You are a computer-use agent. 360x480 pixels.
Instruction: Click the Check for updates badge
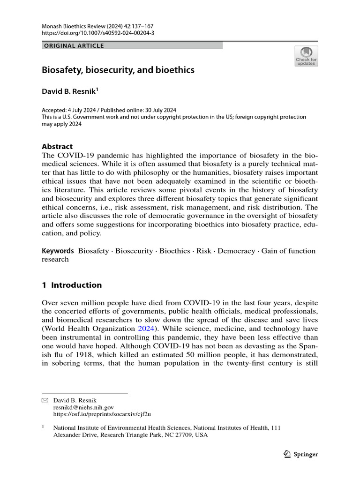[x=306, y=56]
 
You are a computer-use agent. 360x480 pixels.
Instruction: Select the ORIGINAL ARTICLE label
[x=73, y=46]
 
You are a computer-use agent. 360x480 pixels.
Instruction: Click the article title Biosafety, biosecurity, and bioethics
[x=118, y=70]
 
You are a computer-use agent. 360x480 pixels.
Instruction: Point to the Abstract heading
[x=57, y=147]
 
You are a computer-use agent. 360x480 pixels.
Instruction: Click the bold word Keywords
[x=58, y=251]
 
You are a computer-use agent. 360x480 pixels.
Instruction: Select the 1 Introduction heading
[x=72, y=285]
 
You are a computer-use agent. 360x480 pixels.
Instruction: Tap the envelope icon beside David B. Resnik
[x=45, y=400]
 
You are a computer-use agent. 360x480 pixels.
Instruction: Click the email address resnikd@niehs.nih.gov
[x=83, y=407]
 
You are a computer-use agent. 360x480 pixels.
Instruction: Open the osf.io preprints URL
[x=102, y=414]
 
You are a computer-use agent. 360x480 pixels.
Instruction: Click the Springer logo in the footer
[x=301, y=454]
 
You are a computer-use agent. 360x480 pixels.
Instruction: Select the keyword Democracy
[x=236, y=251]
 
